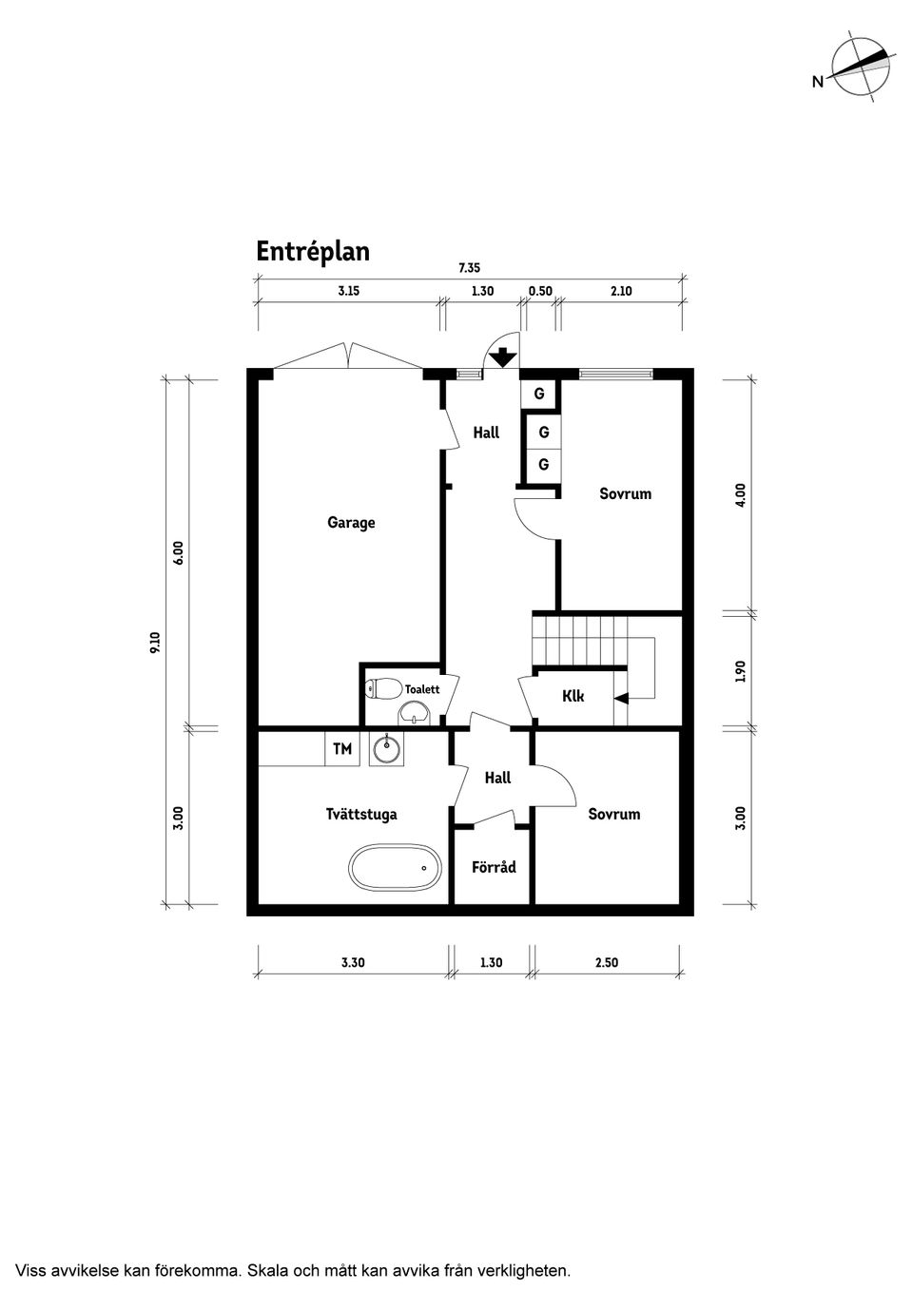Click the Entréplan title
click(312, 252)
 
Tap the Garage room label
click(351, 523)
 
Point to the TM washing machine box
click(342, 749)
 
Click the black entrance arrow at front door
click(502, 358)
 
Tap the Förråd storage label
click(494, 867)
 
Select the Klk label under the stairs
click(573, 696)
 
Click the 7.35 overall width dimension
click(470, 269)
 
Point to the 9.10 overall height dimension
click(155, 643)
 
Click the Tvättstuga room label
click(361, 815)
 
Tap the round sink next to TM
click(387, 749)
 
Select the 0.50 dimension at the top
click(540, 292)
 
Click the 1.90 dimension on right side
click(741, 671)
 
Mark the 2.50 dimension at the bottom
click(606, 963)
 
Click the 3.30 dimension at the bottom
click(353, 963)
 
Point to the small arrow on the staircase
click(620, 699)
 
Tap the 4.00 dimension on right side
click(741, 494)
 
